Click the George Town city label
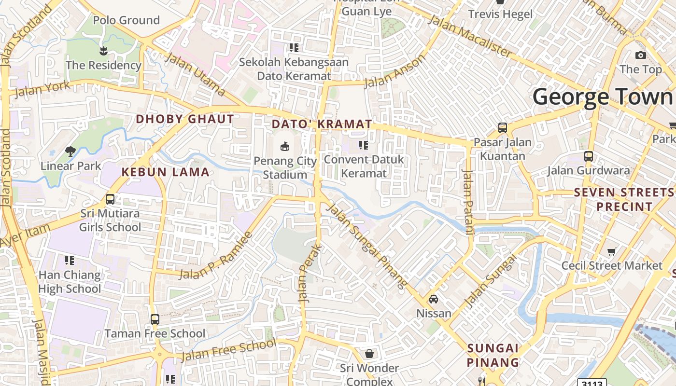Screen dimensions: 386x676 (x=603, y=97)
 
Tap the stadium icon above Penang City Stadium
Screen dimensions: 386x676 (x=285, y=146)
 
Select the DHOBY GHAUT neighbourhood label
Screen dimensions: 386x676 (x=185, y=119)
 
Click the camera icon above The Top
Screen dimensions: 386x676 (x=641, y=55)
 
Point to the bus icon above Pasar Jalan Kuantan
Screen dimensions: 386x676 (x=503, y=128)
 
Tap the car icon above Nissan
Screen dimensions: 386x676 (x=434, y=299)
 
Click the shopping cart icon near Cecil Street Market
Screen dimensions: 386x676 (x=612, y=251)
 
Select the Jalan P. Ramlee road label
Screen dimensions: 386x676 (x=216, y=256)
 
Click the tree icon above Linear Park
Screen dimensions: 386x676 (x=70, y=151)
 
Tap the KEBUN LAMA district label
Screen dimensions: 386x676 (x=166, y=172)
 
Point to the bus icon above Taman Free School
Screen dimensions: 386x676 (x=155, y=319)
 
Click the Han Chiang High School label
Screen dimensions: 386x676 (x=70, y=282)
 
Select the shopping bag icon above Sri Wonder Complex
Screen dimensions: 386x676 (x=369, y=354)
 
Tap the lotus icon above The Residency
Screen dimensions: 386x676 (x=103, y=50)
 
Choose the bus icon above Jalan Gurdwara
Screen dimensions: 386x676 (x=589, y=156)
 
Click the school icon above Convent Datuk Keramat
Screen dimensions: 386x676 (x=364, y=145)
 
